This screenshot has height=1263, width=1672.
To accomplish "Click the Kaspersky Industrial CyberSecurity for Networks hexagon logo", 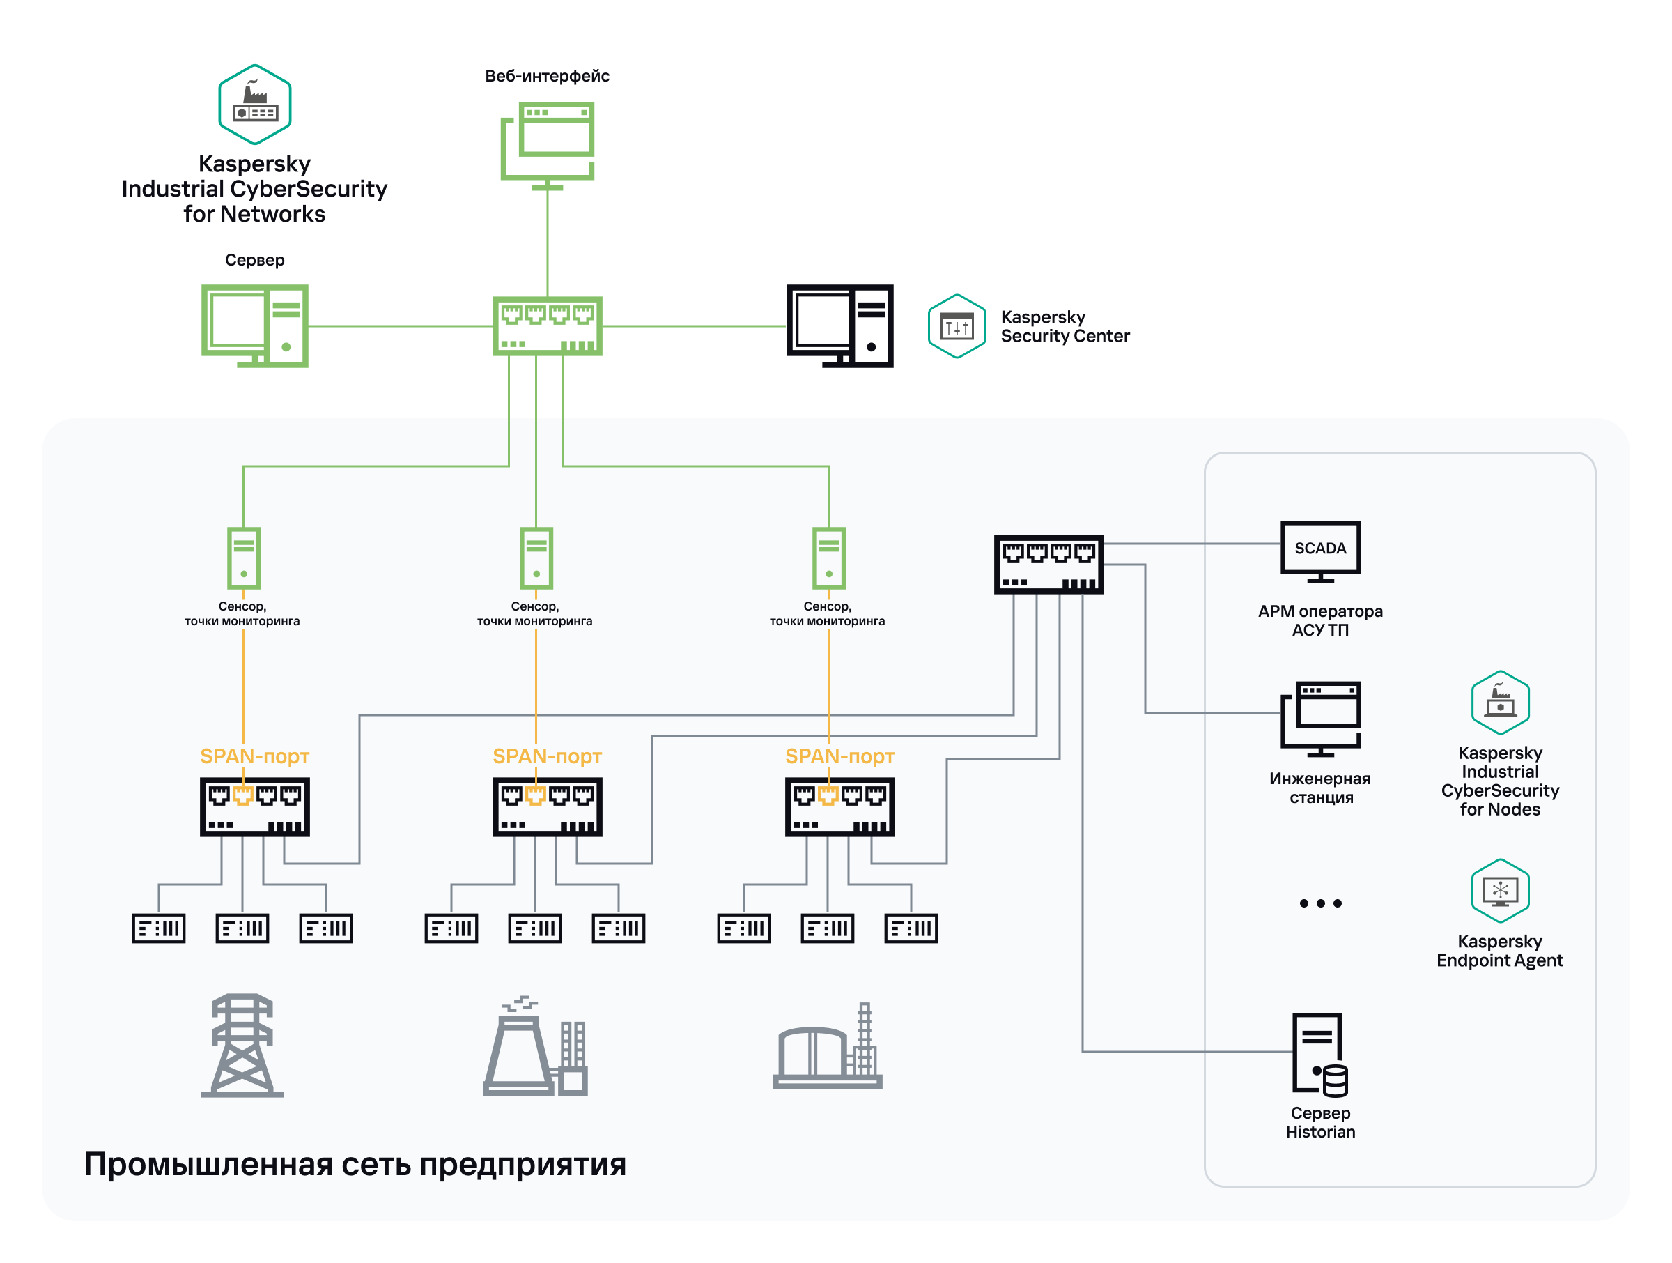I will (255, 105).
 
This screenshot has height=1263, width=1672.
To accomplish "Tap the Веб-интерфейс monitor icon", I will (548, 144).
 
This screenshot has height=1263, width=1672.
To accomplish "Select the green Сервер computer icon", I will (255, 326).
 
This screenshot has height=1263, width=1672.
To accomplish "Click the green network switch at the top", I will (548, 326).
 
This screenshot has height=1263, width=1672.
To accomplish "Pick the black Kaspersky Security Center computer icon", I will (839, 326).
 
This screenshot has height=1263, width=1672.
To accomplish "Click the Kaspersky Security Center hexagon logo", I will (957, 326).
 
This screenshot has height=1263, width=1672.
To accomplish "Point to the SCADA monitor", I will (1319, 551).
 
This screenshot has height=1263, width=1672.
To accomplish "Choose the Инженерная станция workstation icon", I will (1319, 719).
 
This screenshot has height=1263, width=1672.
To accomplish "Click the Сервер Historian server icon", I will (1319, 1055).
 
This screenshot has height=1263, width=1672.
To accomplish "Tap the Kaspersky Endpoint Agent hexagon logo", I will (1500, 890).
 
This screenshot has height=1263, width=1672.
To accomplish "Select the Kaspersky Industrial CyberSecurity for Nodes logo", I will (1500, 702).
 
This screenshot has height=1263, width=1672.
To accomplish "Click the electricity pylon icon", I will (242, 1046).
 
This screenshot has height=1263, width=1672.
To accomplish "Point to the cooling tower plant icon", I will (535, 1047).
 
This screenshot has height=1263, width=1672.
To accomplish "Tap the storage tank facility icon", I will (828, 1047).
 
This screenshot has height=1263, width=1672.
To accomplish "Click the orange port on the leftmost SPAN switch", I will (242, 795).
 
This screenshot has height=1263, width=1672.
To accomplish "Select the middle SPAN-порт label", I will (548, 756).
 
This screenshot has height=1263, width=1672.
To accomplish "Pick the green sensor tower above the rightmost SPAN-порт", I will (828, 558).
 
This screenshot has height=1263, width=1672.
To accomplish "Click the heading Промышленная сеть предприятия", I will (355, 1164).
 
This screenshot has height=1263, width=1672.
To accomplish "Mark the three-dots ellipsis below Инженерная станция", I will (1319, 903).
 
